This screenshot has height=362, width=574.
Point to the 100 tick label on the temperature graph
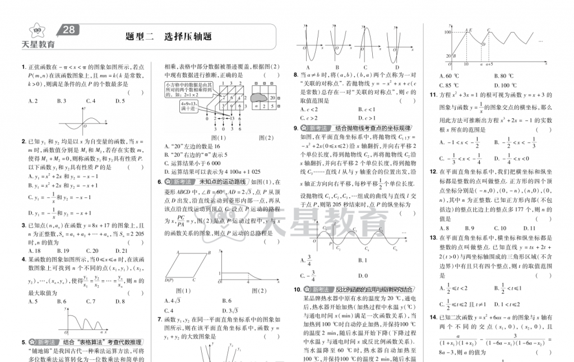(448, 33)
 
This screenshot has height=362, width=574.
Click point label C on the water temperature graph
(489, 30)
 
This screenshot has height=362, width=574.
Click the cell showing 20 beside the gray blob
(272, 97)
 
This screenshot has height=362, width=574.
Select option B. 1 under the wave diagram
(362, 261)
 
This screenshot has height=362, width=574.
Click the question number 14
(433, 318)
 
